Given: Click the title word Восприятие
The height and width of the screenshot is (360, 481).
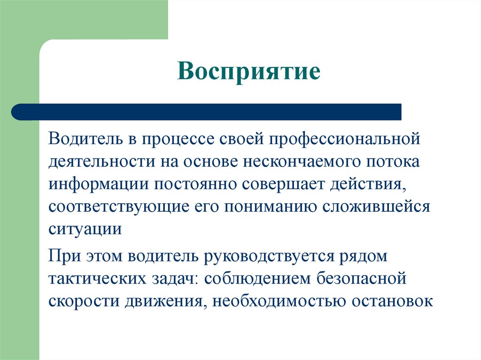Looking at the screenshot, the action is (249, 71).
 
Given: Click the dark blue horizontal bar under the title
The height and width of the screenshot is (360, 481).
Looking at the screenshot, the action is (206, 112).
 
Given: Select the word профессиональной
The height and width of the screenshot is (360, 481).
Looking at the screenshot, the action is (345, 139).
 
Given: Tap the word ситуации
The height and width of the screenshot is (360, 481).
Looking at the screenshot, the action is (85, 230).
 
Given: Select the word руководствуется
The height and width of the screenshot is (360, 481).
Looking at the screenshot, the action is (269, 257).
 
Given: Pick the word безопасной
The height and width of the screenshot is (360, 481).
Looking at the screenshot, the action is (361, 279).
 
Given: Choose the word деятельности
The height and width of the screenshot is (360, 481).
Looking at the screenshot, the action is (102, 162).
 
